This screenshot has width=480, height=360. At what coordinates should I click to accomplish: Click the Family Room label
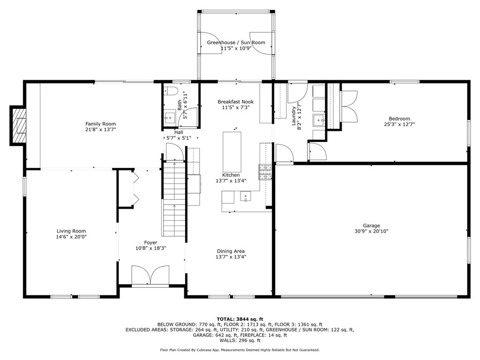(100, 124)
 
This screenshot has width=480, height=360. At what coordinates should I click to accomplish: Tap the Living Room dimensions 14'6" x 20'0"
(71, 237)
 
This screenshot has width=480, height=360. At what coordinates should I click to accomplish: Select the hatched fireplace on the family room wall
(19, 126)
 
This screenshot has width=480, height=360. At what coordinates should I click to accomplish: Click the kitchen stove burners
(265, 172)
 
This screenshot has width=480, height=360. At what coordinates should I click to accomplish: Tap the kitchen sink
(246, 196)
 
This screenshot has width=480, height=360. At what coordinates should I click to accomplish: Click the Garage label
(371, 225)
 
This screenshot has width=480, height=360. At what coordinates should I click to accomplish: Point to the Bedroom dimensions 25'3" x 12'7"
(399, 124)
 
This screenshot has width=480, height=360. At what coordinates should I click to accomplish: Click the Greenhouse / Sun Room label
(236, 43)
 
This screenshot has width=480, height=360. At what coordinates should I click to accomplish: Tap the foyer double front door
(150, 275)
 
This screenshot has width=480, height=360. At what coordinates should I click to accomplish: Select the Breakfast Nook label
(236, 102)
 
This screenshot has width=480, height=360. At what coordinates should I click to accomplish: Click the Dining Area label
(231, 251)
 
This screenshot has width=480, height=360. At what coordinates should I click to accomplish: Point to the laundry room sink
(319, 120)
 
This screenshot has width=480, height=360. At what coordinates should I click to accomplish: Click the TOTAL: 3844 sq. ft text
(240, 319)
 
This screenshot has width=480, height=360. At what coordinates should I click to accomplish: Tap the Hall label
(179, 132)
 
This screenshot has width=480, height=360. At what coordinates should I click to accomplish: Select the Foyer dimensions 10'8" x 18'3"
(150, 248)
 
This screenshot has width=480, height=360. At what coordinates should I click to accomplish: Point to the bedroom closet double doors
(349, 106)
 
